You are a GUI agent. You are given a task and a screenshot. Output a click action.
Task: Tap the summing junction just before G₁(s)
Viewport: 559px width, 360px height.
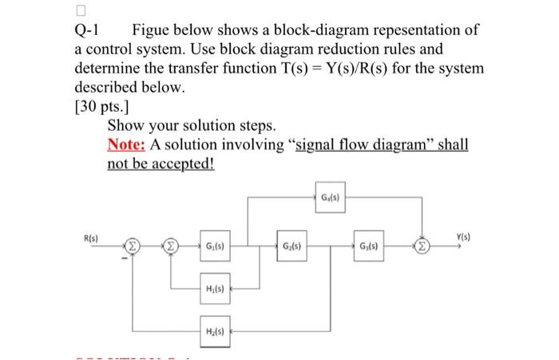pyautogui.click(x=170, y=246)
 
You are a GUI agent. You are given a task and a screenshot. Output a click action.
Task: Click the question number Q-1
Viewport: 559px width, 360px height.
pyautogui.click(x=85, y=31)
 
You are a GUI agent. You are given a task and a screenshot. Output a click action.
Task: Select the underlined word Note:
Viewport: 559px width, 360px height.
pyautogui.click(x=125, y=144)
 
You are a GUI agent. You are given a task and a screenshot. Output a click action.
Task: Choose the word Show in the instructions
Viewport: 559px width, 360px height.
pyautogui.click(x=125, y=125)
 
